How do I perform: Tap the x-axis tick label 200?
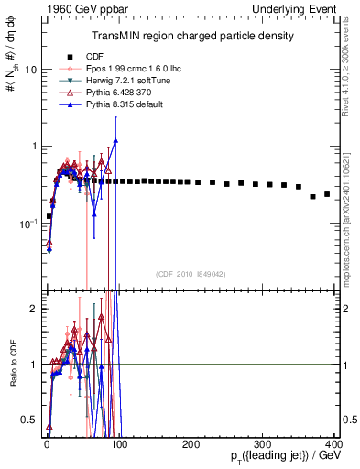click(191, 444)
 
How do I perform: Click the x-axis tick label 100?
click(119, 444)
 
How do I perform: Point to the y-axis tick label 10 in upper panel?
click(30, 70)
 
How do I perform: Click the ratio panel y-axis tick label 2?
click(34, 309)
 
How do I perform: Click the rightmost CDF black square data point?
click(327, 194)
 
